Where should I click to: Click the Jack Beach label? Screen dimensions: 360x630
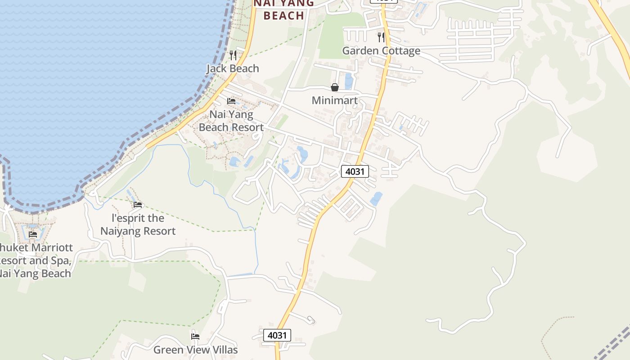[x=233, y=68]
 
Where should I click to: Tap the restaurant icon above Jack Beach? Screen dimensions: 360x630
[x=233, y=55]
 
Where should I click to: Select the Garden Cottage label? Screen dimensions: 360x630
[x=381, y=50]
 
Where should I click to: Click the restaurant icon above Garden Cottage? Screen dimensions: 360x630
[x=381, y=37]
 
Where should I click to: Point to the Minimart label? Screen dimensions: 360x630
[x=335, y=100]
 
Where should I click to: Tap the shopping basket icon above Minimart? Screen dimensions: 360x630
[x=335, y=87]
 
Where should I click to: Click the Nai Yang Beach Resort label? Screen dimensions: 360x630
[x=231, y=121]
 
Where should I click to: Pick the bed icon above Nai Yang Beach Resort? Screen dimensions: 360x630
[x=231, y=101]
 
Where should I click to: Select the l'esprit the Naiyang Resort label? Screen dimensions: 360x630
[x=138, y=225]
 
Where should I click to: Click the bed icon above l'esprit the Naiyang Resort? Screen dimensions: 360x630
[x=138, y=205]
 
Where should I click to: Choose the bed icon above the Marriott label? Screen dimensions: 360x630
[x=33, y=234]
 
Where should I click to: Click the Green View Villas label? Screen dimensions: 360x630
[x=195, y=350]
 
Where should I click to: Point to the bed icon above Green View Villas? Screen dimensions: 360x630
[x=195, y=336]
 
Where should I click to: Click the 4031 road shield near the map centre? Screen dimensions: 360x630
[x=355, y=171]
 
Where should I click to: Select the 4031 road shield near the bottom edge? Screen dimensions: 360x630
[x=277, y=335]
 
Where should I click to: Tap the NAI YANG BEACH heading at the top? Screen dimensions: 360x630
[x=284, y=9]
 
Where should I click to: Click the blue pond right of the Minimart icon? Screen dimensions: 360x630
[x=348, y=81]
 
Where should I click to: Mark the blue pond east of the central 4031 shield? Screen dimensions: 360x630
[x=376, y=198]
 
